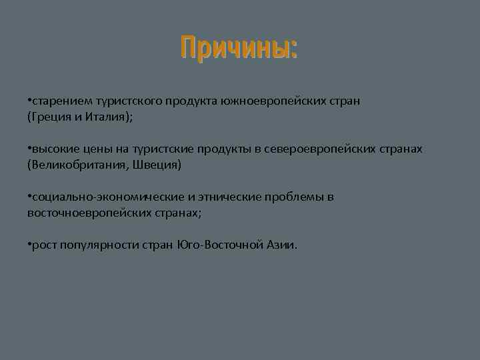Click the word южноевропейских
pyautogui.click(x=269, y=101)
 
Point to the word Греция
pyautogui.click(x=50, y=117)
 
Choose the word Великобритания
pyautogui.click(x=75, y=165)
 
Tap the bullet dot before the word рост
pyautogui.click(x=29, y=245)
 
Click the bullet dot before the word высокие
pyautogui.click(x=29, y=149)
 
